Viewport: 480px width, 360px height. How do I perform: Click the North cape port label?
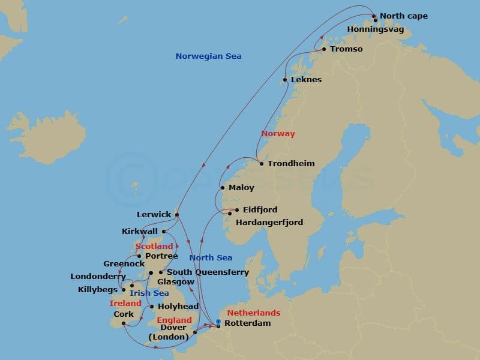[x=405, y=16]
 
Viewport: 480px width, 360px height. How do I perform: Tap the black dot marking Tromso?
[x=324, y=49]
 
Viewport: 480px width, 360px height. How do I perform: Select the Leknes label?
[x=306, y=79]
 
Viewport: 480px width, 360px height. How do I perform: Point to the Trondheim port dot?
[x=261, y=163]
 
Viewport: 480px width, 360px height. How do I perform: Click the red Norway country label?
[x=278, y=134]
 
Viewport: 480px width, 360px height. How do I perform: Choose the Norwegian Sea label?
[x=208, y=56]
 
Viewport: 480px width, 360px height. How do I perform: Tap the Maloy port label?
[x=241, y=188]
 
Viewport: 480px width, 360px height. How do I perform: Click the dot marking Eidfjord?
[x=237, y=210]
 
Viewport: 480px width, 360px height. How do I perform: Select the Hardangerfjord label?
[x=269, y=222]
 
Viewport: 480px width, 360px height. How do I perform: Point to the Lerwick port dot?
[x=177, y=214]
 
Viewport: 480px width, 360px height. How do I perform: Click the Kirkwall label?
[x=140, y=231]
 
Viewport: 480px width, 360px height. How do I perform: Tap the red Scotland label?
[x=154, y=246]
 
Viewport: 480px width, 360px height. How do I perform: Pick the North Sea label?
[x=211, y=258]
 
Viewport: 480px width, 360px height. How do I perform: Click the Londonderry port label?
[x=98, y=277]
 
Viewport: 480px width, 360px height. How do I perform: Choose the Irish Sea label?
[x=149, y=293]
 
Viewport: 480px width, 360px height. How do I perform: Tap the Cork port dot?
[x=122, y=323]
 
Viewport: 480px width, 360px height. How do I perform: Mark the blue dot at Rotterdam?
[x=218, y=322]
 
